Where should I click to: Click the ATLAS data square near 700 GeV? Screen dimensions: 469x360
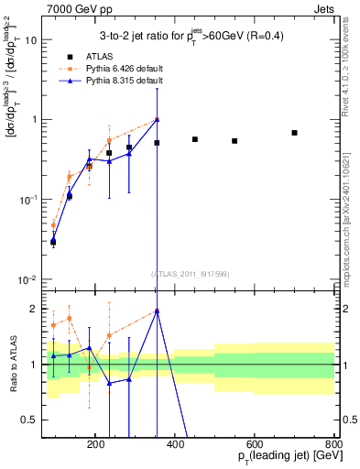coord(294,133)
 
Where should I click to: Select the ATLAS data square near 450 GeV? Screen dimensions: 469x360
coord(195,139)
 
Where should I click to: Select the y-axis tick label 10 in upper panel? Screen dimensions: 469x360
coord(31,40)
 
